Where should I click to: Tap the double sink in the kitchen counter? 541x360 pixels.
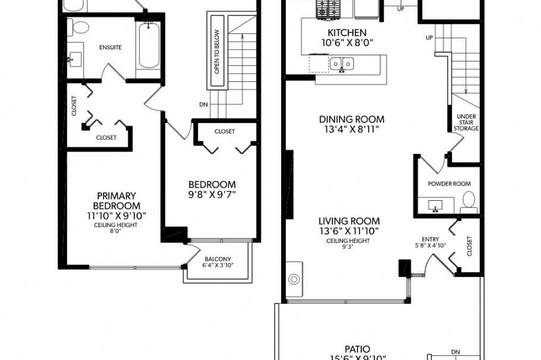pos(341,63)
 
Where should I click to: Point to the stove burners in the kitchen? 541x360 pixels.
pos(326,8)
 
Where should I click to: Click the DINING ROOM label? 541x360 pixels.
pos(351,119)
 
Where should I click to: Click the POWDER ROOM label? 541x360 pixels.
pos(449,184)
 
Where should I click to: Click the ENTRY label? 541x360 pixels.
pos(430,239)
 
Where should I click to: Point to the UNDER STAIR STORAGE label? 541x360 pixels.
pos(465,122)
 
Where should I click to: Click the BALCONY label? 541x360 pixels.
pos(218,258)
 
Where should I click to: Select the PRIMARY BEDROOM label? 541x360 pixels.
pos(116,201)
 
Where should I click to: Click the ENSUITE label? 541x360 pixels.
pos(111,47)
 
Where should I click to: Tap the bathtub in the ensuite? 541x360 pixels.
pos(147,45)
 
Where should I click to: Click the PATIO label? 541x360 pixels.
pos(357,349)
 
